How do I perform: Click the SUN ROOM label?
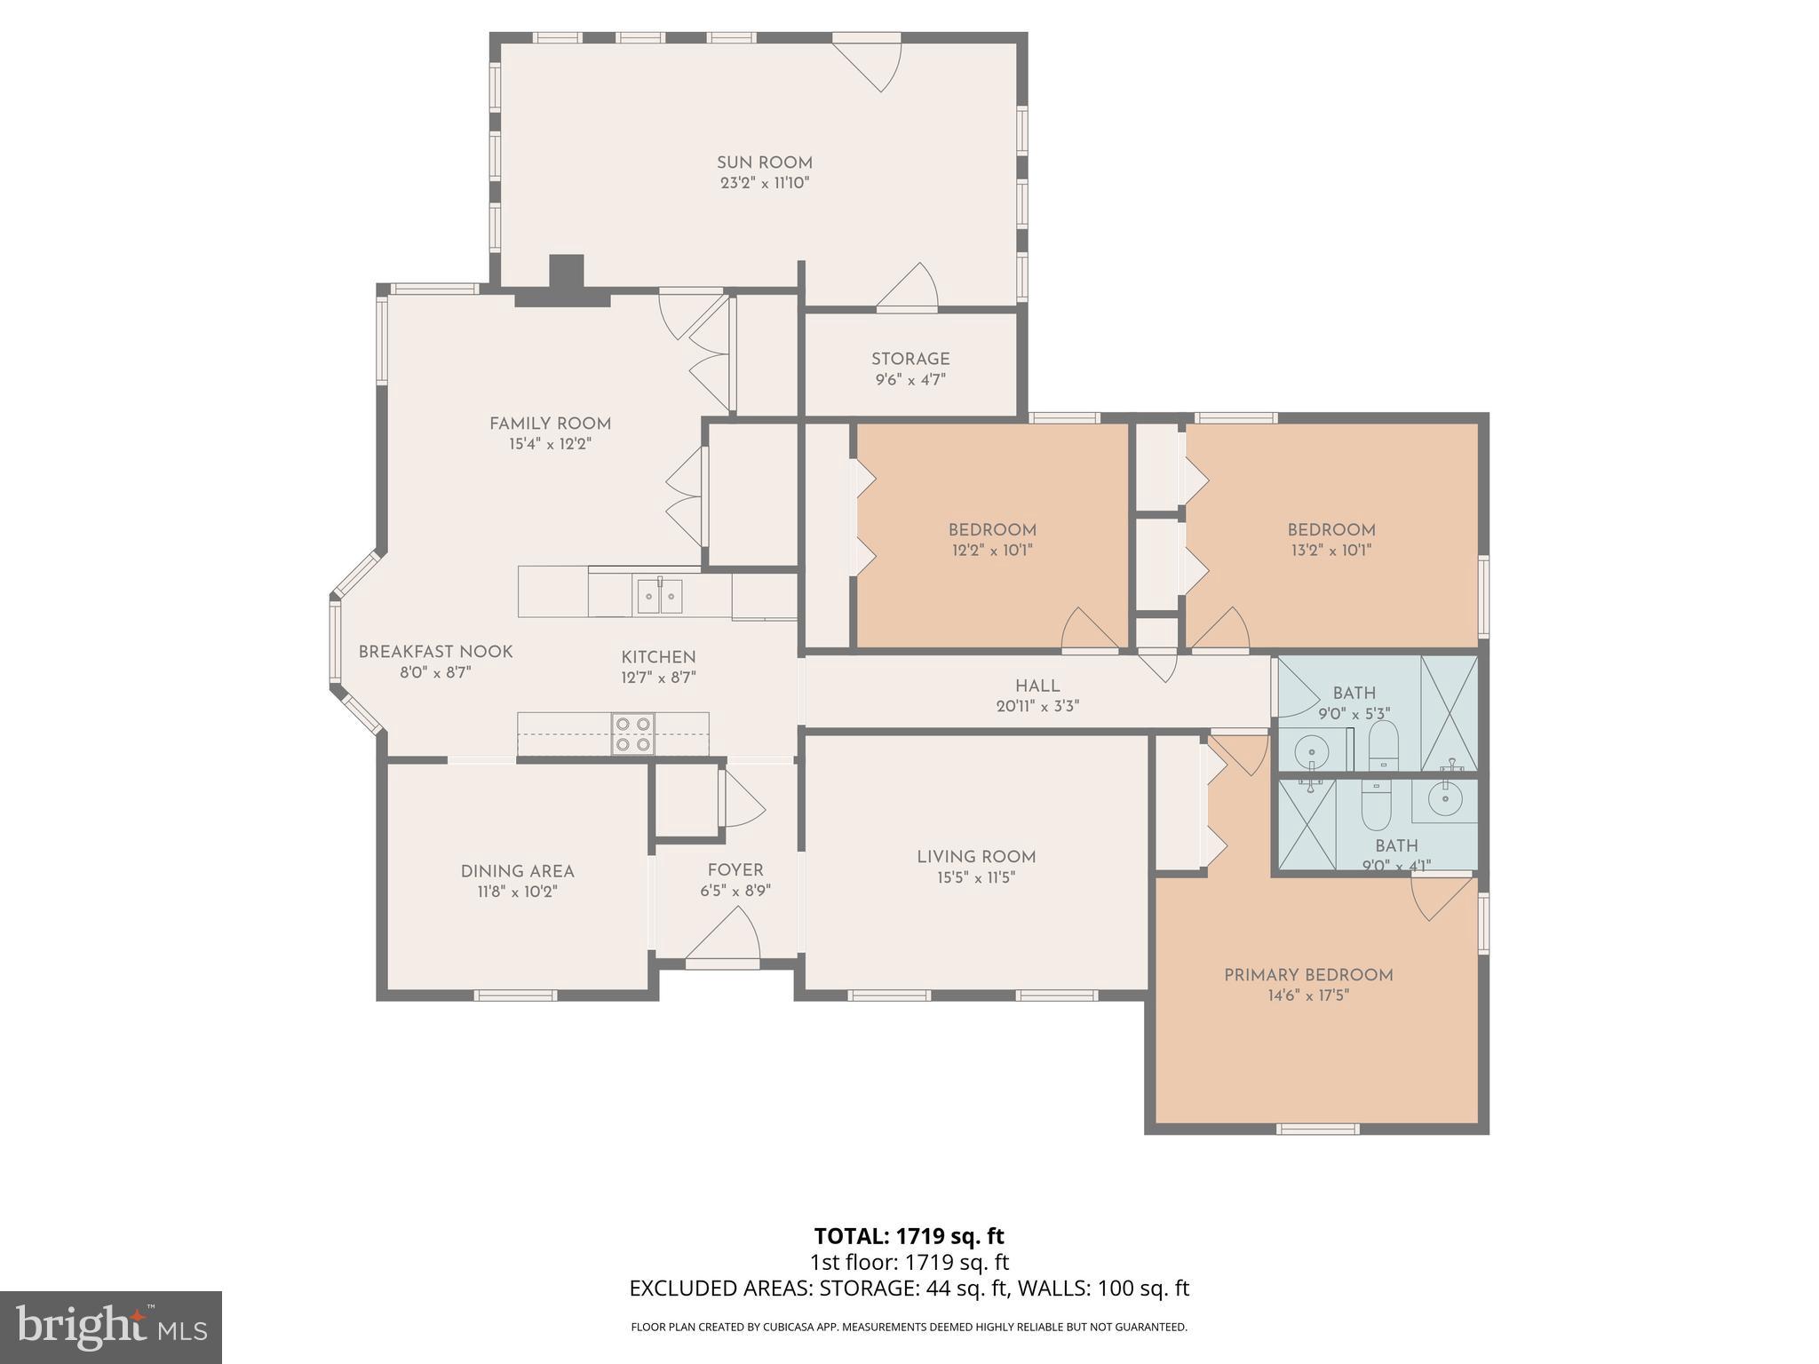click(x=765, y=163)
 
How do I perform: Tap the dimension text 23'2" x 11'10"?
click(x=765, y=184)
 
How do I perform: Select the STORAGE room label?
click(x=910, y=359)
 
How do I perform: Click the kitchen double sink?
click(x=659, y=596)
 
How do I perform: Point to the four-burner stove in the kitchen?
click(x=633, y=734)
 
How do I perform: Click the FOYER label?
click(x=735, y=870)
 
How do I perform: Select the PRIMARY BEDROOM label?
click(x=1308, y=975)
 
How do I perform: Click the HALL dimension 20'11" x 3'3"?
click(x=1037, y=707)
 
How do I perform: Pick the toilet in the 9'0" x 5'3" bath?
click(x=1383, y=746)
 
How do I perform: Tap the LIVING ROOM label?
click(x=976, y=857)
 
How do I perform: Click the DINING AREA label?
click(x=517, y=871)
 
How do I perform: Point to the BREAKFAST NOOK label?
click(x=435, y=652)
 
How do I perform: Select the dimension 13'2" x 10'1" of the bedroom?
click(x=1331, y=551)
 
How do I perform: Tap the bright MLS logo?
click(x=111, y=1328)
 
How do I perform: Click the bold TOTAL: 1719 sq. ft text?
click(x=909, y=1236)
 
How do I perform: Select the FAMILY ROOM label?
click(x=550, y=424)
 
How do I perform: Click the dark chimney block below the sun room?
click(x=565, y=277)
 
